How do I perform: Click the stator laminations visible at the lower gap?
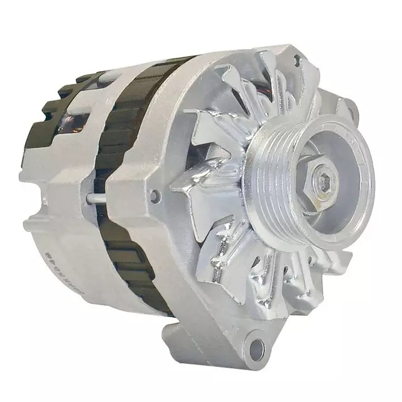(x=135, y=276)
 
